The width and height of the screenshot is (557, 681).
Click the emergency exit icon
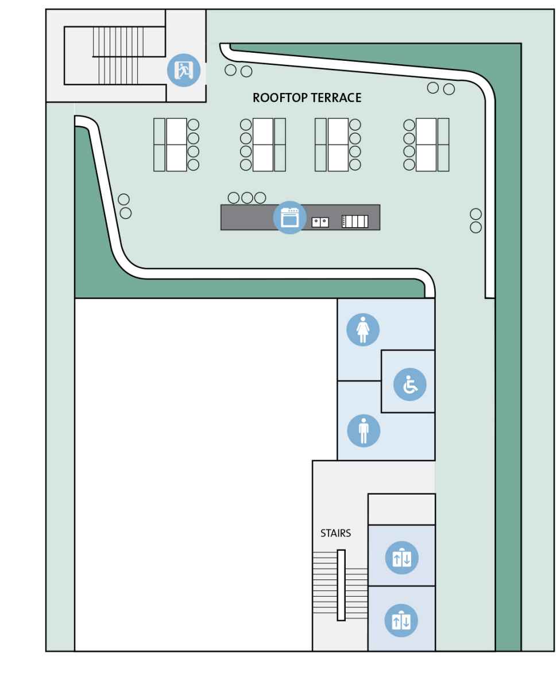click(x=183, y=71)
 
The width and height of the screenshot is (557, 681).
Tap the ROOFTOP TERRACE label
click(x=307, y=98)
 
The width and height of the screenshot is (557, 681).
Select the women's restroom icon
click(x=363, y=330)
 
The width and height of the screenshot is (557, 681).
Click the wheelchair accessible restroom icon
click(x=409, y=384)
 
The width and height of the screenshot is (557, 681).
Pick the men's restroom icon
click(x=363, y=429)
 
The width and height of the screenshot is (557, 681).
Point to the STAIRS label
click(x=336, y=534)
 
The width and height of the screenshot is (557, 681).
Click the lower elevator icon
click(x=401, y=620)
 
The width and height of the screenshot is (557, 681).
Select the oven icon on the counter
click(x=289, y=217)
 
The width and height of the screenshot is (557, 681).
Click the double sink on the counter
click(x=320, y=221)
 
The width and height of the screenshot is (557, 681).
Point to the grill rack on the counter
click(x=354, y=221)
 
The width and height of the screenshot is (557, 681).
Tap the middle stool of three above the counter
click(x=247, y=198)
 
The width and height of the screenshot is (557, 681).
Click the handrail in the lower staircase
click(x=341, y=585)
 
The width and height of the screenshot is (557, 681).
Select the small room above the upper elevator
click(x=401, y=509)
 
